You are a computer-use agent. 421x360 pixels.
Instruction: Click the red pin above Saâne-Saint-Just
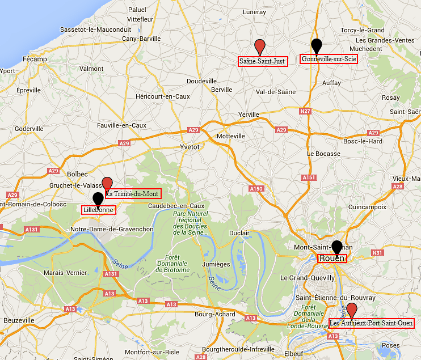pyautogui.click(x=260, y=46)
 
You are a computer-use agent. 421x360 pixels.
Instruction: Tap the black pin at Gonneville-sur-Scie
pyautogui.click(x=317, y=45)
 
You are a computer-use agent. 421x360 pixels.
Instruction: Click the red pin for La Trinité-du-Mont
pyautogui.click(x=107, y=184)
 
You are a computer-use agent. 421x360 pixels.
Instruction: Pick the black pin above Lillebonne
pyautogui.click(x=98, y=199)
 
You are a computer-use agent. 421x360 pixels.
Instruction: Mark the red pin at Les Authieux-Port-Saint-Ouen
pyautogui.click(x=352, y=310)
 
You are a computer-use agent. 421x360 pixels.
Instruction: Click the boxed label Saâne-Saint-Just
pyautogui.click(x=262, y=61)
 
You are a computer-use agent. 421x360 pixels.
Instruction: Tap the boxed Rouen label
pyautogui.click(x=332, y=258)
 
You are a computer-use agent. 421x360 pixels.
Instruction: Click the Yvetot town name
pyautogui.click(x=190, y=146)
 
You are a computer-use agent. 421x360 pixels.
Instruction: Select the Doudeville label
pyautogui.click(x=202, y=81)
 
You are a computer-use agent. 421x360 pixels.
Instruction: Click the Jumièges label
pyautogui.click(x=216, y=264)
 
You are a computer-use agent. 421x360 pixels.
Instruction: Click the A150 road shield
pyautogui.click(x=256, y=188)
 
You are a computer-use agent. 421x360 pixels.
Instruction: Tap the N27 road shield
pyautogui.click(x=306, y=111)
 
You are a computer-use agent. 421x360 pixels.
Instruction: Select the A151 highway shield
pyautogui.click(x=309, y=177)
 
